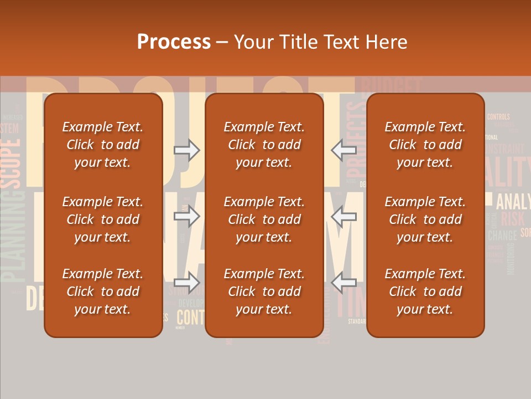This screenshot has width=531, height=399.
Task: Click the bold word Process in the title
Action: tap(174, 42)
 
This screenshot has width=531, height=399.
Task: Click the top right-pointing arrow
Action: tap(187, 150)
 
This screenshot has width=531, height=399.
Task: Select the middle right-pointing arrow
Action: tap(187, 216)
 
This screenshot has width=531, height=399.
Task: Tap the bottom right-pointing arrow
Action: tap(187, 283)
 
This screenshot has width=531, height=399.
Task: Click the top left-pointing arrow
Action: tap(343, 150)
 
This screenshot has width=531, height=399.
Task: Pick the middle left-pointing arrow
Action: tap(343, 216)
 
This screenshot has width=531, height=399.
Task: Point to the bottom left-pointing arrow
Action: tap(343, 283)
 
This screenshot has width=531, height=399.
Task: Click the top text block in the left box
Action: tap(103, 145)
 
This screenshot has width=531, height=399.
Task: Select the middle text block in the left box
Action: tap(103, 219)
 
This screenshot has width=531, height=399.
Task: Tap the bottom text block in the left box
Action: tap(103, 291)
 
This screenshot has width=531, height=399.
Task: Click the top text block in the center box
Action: tap(264, 145)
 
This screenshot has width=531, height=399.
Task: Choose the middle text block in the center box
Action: tap(264, 219)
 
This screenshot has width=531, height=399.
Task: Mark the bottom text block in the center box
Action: tap(264, 291)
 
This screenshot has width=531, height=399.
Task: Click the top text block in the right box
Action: tap(425, 145)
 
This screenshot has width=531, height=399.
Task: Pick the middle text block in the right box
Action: tap(425, 219)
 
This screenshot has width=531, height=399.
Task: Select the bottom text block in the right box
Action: tap(425, 291)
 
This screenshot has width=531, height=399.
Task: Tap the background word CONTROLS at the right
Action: tap(498, 117)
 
